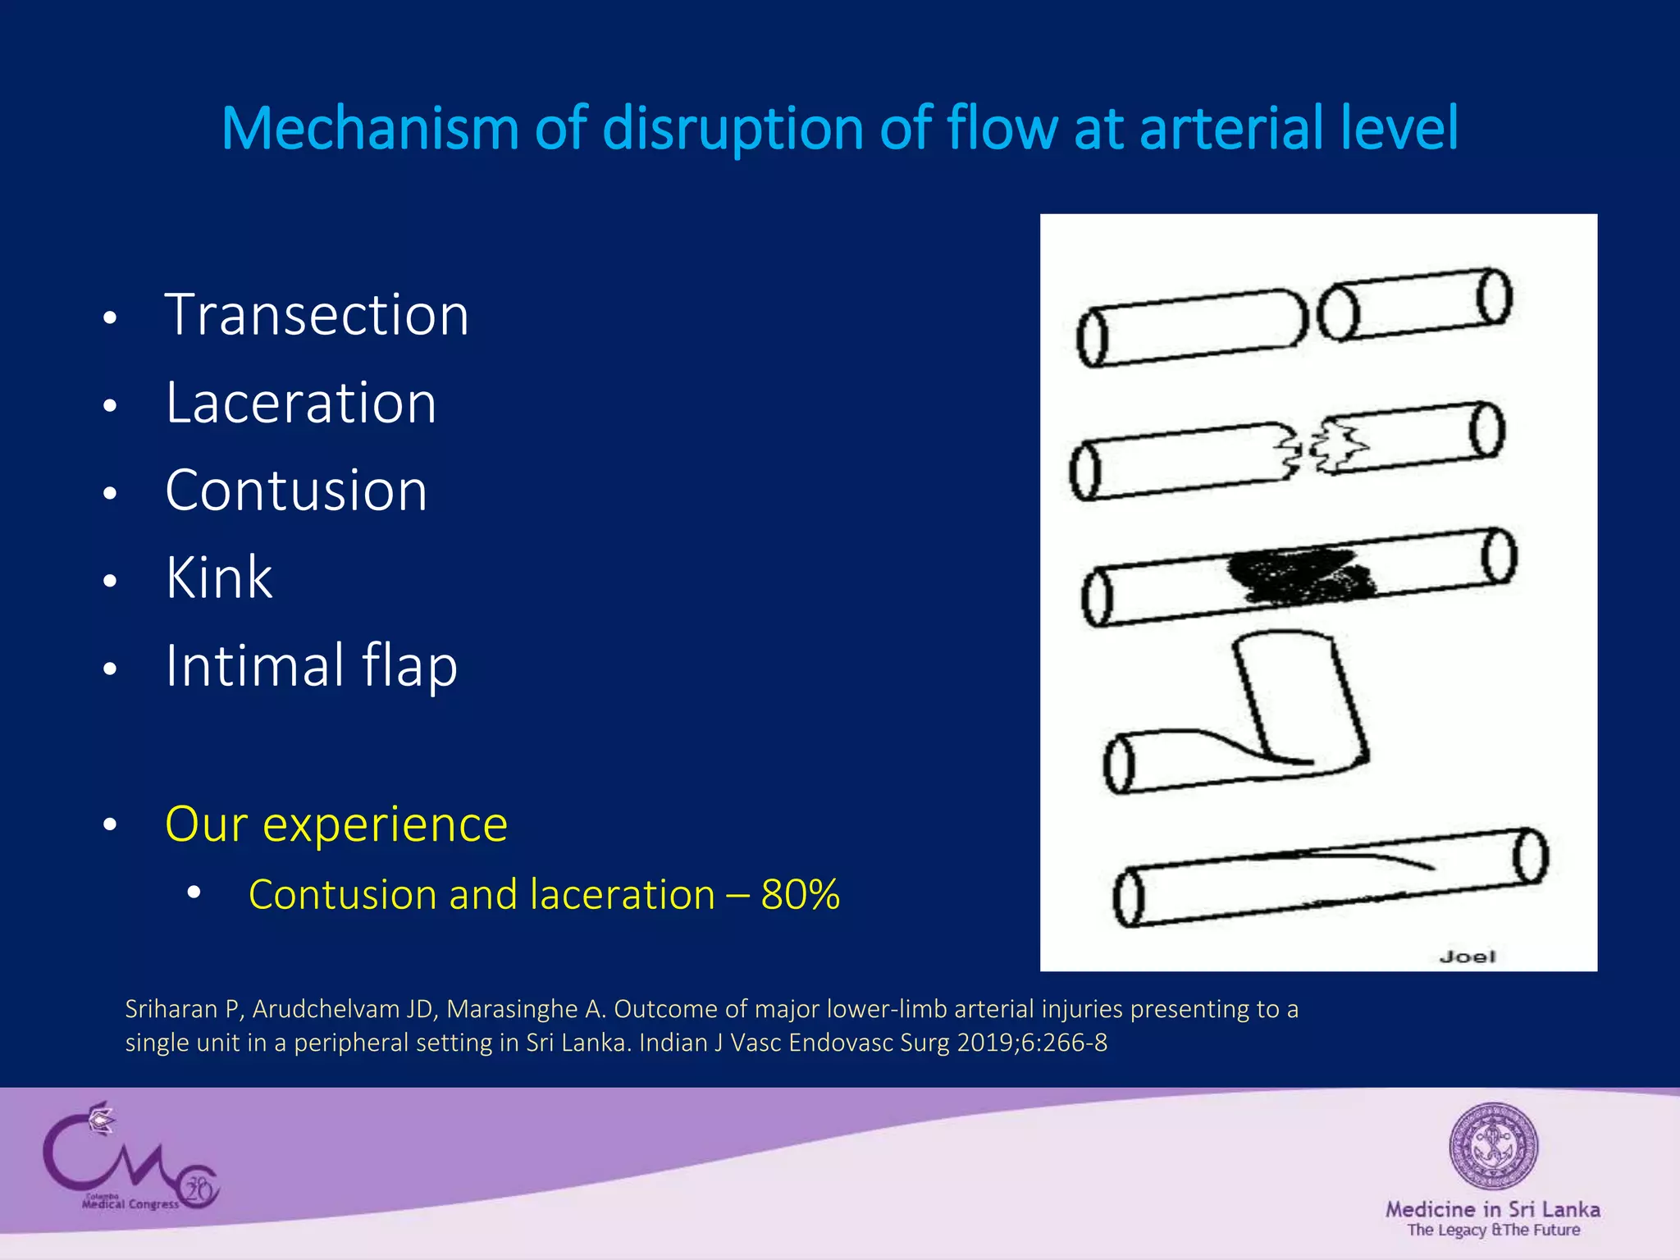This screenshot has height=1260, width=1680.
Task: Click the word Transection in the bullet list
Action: [x=317, y=315]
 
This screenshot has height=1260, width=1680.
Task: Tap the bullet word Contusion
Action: [x=296, y=491]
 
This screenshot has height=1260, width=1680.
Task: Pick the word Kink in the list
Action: [x=218, y=577]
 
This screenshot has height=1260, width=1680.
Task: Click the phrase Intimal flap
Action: [x=311, y=665]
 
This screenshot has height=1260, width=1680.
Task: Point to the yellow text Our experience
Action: [x=336, y=824]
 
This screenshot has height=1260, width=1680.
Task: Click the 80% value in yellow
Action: [x=800, y=894]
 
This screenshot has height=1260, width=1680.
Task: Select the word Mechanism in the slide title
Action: [x=370, y=129]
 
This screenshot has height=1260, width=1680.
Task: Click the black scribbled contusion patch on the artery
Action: [x=1299, y=574]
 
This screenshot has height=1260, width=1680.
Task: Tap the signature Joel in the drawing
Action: [x=1467, y=956]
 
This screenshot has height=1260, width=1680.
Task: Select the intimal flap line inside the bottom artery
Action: [x=1354, y=857]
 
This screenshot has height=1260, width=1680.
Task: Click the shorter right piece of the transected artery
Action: [x=1415, y=304]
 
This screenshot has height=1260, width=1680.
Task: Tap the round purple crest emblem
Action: [x=1492, y=1146]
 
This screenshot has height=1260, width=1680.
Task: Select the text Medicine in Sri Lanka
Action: [x=1492, y=1209]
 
